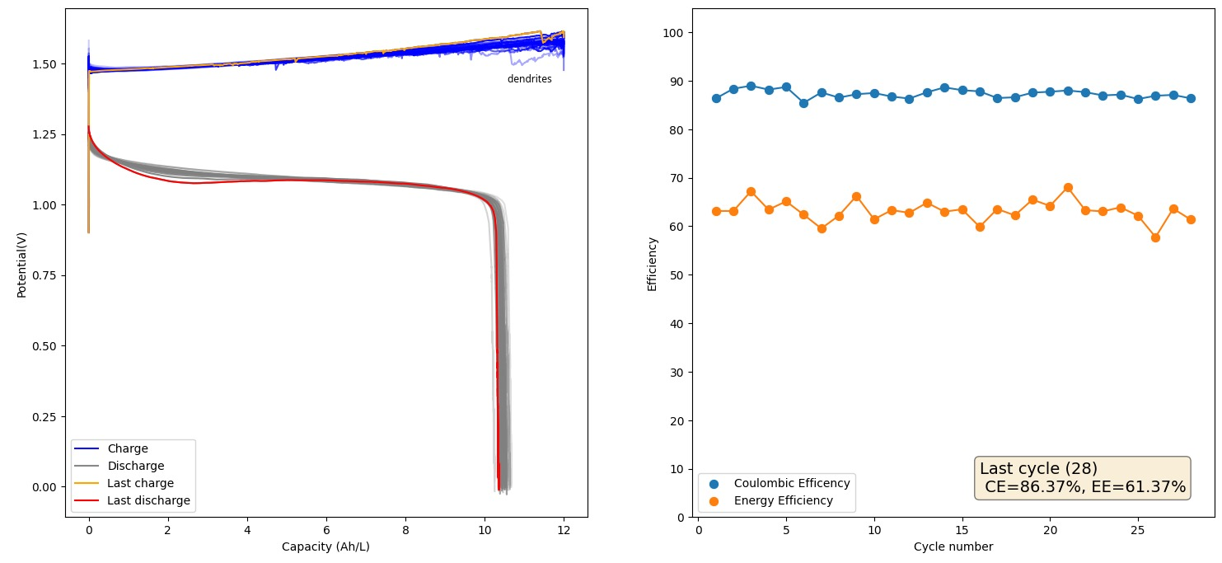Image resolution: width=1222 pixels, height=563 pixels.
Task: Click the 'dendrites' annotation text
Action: click(x=529, y=79)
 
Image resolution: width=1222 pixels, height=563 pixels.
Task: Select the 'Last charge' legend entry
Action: click(x=140, y=483)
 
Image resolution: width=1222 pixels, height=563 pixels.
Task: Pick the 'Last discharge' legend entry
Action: click(x=148, y=500)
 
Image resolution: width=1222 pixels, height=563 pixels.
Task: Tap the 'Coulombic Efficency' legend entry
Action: click(x=791, y=483)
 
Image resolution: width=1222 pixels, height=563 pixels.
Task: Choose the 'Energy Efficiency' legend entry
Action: click(x=783, y=500)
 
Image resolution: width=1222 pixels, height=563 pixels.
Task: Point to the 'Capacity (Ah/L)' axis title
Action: click(x=325, y=547)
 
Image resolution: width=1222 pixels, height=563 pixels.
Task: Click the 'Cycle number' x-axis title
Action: click(x=953, y=547)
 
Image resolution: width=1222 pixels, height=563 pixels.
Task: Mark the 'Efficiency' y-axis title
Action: click(x=653, y=263)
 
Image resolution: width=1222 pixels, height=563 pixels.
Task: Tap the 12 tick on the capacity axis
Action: click(x=564, y=530)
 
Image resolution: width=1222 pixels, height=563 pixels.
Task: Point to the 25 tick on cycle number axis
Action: click(x=1138, y=530)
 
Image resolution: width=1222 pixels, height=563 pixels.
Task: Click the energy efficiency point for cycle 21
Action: click(x=1068, y=188)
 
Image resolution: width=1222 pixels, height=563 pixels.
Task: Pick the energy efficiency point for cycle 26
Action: click(x=1155, y=237)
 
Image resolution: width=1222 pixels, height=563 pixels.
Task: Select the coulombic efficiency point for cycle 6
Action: click(x=803, y=103)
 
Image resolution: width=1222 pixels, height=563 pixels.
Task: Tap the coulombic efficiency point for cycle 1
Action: click(x=716, y=98)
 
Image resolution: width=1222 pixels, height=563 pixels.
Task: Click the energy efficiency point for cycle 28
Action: click(x=1191, y=219)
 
